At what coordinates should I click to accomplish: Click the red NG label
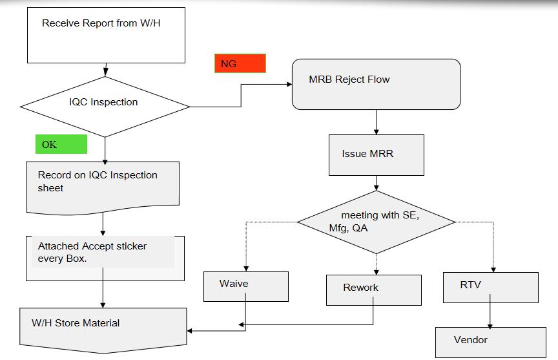pos(240,63)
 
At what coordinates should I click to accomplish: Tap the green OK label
pos(61,144)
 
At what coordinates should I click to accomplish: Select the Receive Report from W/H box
pos(106,36)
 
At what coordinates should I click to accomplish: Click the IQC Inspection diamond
pos(105,107)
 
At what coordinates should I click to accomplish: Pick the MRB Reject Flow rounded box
pos(376,85)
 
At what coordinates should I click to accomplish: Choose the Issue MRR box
pos(376,155)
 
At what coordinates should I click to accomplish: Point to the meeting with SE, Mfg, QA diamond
pos(376,222)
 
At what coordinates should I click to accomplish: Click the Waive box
pos(246,287)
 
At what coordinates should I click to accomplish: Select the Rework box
pos(374,290)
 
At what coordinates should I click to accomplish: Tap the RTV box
pos(491,288)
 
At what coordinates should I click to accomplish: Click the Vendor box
pos(491,342)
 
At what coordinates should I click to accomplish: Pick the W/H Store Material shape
pos(103,330)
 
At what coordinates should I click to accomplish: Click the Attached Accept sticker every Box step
pos(105,258)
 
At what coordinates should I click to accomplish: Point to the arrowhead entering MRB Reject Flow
pos(289,85)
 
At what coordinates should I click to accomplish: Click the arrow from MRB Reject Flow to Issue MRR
pos(376,122)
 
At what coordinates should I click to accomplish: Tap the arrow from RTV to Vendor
pos(490,311)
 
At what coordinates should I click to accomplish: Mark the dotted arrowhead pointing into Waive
pos(246,269)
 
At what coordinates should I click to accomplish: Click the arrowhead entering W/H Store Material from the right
pos(190,331)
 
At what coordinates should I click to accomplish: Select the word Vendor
pos(470,340)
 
